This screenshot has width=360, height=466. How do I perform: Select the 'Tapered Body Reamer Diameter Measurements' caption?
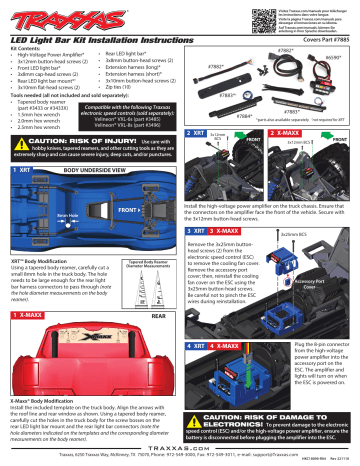click(x=152, y=264)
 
